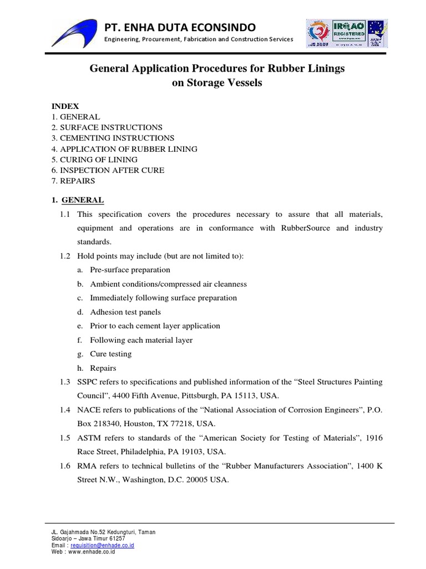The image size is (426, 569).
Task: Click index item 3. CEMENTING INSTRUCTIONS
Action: pos(113,138)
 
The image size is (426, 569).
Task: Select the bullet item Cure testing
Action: pos(111,354)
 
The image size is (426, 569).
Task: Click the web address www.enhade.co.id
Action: pos(92,552)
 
